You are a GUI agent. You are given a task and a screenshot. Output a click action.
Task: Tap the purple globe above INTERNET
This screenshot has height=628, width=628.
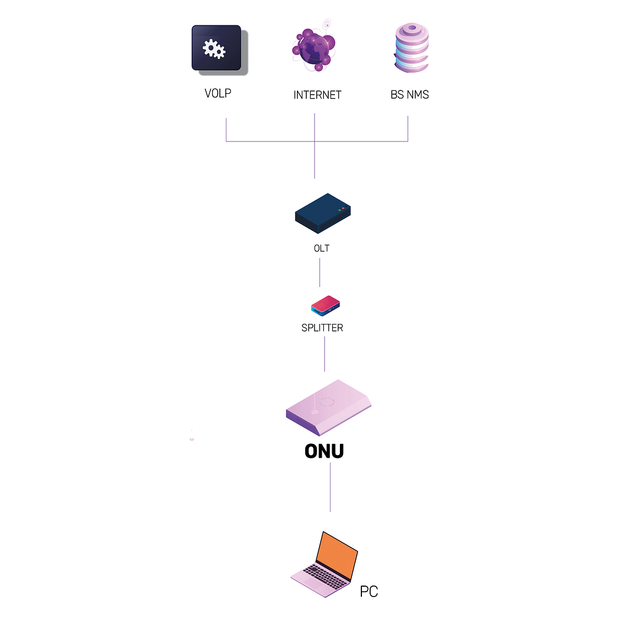314,48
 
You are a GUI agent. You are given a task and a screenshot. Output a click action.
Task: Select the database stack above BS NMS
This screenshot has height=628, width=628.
411,48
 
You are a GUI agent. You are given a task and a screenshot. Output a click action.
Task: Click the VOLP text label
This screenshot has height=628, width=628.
218,93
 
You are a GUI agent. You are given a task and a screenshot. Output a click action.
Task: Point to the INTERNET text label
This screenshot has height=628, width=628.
317,95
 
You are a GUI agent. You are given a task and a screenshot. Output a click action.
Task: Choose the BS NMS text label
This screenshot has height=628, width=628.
409,95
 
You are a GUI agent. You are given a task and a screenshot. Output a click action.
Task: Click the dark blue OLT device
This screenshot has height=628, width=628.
322,213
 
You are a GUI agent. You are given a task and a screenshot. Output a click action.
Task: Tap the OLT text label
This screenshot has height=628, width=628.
322,248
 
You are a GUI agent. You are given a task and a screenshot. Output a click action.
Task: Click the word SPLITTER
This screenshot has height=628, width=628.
322,328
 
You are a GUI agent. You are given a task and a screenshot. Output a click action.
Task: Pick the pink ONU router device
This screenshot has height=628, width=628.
328,408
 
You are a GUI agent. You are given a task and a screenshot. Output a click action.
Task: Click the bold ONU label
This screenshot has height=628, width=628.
324,451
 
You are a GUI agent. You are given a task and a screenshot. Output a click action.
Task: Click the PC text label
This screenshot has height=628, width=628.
369,592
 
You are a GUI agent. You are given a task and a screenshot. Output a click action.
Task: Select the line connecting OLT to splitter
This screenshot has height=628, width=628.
320,273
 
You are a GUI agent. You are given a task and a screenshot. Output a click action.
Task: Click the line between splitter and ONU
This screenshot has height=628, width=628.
324,354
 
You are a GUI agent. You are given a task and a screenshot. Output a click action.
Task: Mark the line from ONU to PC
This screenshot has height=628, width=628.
331,488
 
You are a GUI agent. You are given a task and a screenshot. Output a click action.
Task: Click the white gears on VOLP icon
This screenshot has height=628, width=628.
214,48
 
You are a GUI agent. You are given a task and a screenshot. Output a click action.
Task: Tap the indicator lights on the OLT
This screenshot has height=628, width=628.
341,209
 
